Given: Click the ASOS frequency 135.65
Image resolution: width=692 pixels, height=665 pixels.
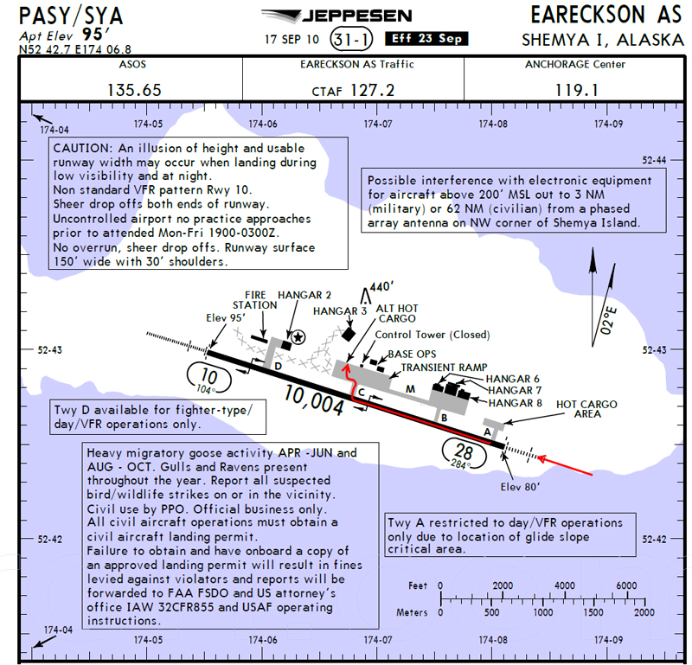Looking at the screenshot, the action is pos(135,91).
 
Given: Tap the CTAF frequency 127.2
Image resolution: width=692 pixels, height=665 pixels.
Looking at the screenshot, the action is pos(372,91).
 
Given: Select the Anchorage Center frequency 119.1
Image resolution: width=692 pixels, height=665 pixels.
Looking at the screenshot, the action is pos(576,91).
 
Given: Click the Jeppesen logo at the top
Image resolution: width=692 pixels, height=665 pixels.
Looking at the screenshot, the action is pos(336,16).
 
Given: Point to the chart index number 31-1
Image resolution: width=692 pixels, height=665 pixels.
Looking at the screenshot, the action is pos(351,39).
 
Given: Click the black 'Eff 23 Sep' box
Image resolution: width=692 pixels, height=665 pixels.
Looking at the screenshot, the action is pos(426,39).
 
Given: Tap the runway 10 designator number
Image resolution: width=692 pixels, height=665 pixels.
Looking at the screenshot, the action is pos(208,376).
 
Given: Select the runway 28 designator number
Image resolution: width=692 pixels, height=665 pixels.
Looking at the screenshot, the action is pos(465,451).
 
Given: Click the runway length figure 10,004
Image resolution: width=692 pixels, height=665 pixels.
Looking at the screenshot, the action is pos(314,400).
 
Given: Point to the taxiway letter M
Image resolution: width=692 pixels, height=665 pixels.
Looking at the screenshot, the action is pos(410,389).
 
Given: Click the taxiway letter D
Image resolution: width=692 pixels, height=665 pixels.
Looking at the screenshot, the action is pos(278,367).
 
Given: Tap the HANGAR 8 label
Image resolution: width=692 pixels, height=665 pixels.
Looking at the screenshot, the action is pos(515,403).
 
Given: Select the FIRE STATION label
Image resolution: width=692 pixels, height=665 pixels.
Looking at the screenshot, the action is pos(254,300).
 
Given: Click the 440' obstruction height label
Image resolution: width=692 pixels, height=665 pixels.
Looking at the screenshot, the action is pos(381,287).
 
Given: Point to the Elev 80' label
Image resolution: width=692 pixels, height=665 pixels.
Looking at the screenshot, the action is pos(520,487).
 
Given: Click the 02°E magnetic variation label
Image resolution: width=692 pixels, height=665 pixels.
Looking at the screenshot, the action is pos(608,320).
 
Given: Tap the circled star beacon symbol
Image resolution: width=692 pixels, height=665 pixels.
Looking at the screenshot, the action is pos(298,337).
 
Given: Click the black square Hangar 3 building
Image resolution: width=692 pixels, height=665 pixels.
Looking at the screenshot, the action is pos(349,334).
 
